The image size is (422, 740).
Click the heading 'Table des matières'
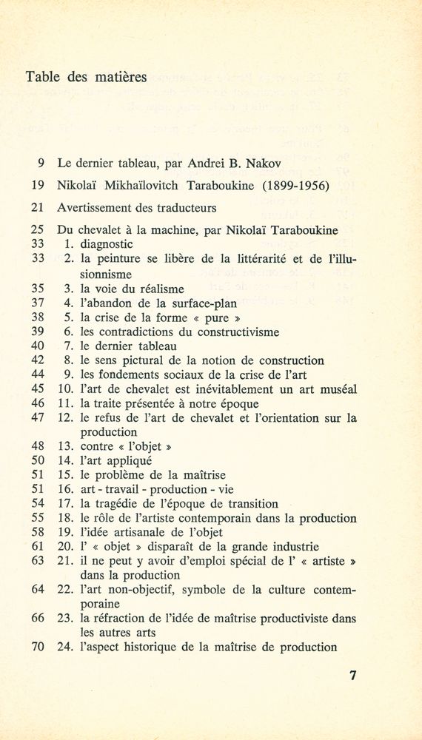(86, 76)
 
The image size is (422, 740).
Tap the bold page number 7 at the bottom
(353, 675)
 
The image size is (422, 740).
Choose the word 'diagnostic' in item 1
(107, 243)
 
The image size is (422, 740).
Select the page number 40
(38, 346)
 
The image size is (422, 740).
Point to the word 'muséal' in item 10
(337, 389)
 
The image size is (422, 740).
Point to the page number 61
(38, 547)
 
